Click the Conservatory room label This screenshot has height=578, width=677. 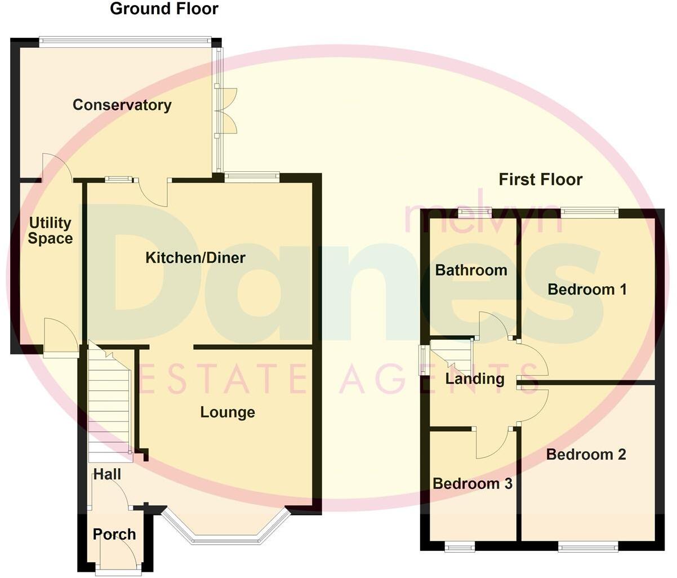pos(122,105)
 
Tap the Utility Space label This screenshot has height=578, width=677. pos(50,230)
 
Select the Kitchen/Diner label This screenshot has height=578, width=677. pos(195,258)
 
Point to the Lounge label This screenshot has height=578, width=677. pos(228,412)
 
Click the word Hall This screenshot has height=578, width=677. pos(107,474)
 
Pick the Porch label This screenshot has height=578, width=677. pos(114,534)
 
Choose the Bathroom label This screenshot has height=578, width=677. pos(471,270)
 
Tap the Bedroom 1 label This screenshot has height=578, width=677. pos(587,290)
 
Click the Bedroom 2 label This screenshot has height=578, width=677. pos(586,454)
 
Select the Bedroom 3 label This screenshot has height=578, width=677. pos(473,483)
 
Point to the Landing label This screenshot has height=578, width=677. pos(475,379)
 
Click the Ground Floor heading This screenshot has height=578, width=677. pos(164,9)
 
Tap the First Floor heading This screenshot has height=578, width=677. pos(540,180)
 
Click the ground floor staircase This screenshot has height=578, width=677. pos(109,403)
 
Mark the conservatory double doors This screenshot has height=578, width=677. pos(228,110)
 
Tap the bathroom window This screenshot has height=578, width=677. pos(474,212)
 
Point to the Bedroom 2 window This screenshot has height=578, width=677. pos(587,545)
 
